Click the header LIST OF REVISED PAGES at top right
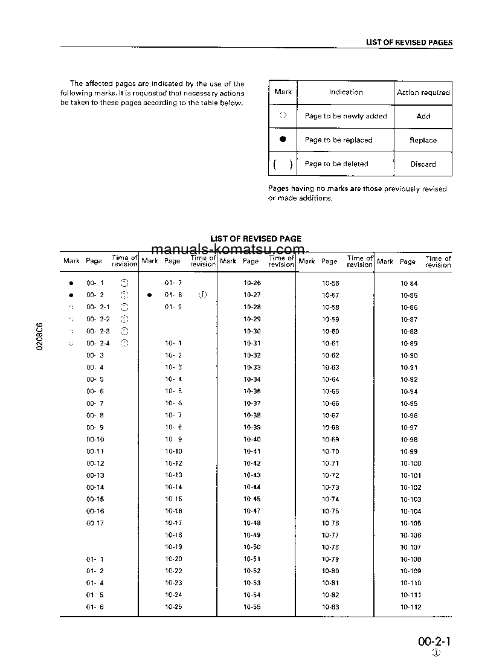409,43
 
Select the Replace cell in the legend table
423,140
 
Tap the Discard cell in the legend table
423,164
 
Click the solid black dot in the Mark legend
283,140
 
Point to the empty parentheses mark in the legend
283,164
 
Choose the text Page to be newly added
346,116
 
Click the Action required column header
423,92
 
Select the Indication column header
346,92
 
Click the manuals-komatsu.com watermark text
228,250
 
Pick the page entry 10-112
411,607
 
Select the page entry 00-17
95,523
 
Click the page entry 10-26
252,283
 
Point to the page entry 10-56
330,283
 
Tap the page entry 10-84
409,283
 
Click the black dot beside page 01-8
149,295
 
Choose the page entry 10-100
411,463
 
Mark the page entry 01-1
95,559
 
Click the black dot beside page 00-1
71,283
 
